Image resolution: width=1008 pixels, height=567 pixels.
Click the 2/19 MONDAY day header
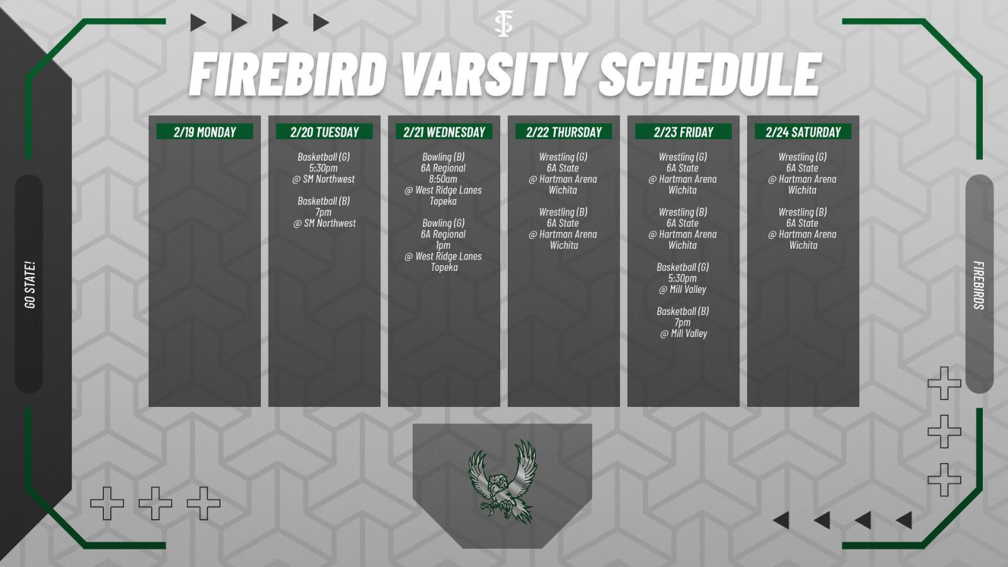point(205,132)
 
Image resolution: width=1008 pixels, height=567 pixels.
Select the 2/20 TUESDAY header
point(324,132)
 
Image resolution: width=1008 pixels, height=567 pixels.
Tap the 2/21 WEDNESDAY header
point(444,132)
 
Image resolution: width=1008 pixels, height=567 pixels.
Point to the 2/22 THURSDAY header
point(564,132)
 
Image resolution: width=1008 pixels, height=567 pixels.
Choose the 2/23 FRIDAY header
point(684,132)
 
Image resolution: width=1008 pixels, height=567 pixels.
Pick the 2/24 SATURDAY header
point(803,132)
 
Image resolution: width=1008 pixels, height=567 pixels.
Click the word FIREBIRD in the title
point(287,74)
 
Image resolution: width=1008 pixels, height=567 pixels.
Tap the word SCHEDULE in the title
point(709,74)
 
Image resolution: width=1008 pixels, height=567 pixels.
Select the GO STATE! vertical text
point(30,285)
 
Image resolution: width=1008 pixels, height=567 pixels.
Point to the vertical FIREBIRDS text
point(978,285)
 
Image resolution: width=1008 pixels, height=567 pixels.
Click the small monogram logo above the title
point(503,23)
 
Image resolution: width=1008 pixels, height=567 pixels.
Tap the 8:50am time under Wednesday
point(443,179)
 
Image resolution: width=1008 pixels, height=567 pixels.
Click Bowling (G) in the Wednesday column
point(443,223)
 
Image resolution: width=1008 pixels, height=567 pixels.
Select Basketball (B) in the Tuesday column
point(324,201)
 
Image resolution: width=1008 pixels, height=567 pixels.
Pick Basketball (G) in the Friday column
point(683,267)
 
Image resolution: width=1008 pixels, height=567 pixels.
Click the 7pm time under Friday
point(683,323)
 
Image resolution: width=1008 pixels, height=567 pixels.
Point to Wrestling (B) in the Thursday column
point(563,212)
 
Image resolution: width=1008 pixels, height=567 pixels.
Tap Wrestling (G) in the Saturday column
point(803,157)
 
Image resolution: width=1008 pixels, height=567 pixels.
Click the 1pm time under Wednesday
point(443,245)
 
